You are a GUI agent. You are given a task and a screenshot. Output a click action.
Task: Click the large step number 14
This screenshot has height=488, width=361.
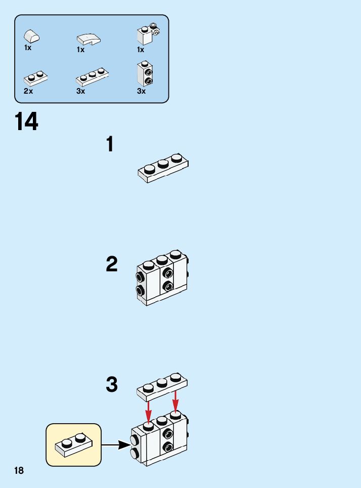[x=26, y=121]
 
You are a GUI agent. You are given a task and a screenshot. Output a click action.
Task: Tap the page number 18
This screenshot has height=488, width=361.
[x=19, y=470]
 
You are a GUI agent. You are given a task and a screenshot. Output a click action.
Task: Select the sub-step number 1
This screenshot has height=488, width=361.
[x=110, y=144]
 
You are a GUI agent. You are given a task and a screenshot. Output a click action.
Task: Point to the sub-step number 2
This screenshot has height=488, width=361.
[x=112, y=264]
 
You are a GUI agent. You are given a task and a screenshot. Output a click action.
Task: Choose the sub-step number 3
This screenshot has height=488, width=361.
[x=112, y=384]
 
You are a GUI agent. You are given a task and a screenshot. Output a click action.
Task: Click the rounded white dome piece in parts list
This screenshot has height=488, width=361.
[x=31, y=36]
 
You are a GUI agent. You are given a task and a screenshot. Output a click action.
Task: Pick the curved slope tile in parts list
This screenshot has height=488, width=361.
[x=88, y=39]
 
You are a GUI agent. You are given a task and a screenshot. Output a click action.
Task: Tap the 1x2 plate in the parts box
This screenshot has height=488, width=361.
[x=35, y=79]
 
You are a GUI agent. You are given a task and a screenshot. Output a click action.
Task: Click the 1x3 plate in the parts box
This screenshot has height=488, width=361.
[x=92, y=77]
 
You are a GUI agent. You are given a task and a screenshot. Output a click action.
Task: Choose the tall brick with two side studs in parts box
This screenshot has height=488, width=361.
[x=145, y=73]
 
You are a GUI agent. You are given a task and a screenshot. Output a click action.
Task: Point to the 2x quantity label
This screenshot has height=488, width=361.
[x=28, y=91]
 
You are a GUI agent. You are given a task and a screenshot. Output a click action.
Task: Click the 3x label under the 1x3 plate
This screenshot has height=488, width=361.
[x=80, y=91]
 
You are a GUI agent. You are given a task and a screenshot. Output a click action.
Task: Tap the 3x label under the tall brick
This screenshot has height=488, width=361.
[x=141, y=91]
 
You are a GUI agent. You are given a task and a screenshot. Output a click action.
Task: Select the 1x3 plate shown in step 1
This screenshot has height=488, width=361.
[x=163, y=168]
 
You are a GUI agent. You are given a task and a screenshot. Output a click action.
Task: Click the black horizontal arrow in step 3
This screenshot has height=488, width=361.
[x=116, y=445]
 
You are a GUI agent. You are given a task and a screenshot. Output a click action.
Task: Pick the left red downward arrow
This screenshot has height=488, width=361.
[x=149, y=411]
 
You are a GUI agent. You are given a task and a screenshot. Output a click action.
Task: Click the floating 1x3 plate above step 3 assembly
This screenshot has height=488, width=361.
[x=162, y=387]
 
